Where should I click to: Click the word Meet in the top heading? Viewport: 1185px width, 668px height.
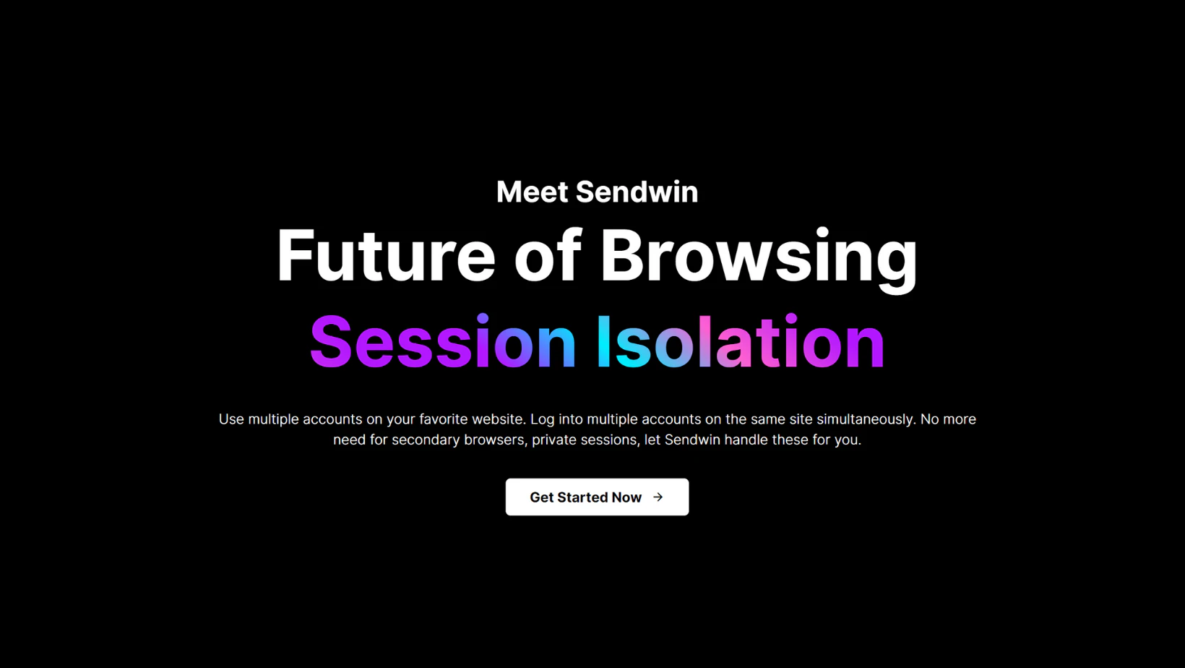tap(532, 192)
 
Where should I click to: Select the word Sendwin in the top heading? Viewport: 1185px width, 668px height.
tap(637, 192)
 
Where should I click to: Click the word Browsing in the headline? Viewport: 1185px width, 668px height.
tap(759, 257)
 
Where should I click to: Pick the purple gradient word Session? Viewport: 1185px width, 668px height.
tap(442, 343)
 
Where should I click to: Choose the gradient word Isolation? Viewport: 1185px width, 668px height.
tap(740, 343)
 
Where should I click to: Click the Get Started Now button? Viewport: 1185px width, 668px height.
tap(597, 497)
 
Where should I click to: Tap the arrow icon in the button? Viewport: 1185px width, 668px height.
tap(658, 497)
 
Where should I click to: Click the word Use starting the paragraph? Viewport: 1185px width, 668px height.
tap(231, 419)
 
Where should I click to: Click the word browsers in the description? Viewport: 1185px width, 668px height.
tap(494, 440)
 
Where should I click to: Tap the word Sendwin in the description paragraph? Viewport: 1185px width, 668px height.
tap(692, 440)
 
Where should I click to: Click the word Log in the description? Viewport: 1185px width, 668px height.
tap(542, 419)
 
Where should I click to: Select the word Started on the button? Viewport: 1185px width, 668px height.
tap(582, 497)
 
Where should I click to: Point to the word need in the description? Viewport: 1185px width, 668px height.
tap(349, 440)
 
